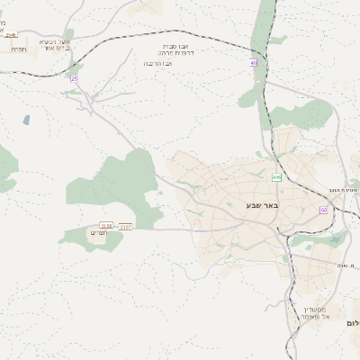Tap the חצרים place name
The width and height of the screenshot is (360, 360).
(x=98, y=232)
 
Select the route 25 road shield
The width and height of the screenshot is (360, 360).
(x=74, y=79)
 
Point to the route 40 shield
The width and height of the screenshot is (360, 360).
(x=254, y=62)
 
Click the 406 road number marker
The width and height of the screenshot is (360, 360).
(x=276, y=177)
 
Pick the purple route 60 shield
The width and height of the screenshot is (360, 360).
(x=323, y=210)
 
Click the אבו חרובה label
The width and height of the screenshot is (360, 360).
(x=160, y=64)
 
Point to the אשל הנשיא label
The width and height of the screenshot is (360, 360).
(x=53, y=41)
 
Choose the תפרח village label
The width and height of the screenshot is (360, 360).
(x=19, y=49)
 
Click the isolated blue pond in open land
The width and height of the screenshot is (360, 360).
(x=27, y=120)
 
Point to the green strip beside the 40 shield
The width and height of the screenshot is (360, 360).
(x=262, y=36)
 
